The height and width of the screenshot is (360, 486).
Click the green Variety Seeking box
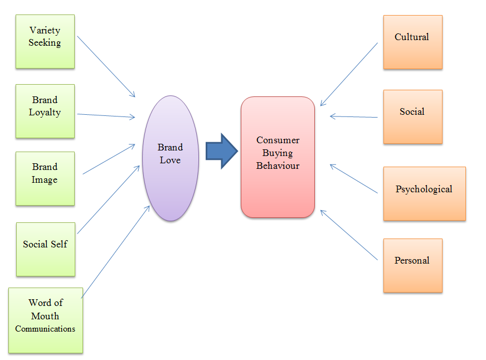tap(45, 41)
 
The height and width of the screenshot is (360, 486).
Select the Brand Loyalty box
tap(45, 111)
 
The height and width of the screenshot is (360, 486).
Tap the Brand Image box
tap(45, 178)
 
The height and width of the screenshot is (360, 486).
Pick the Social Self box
tap(45, 249)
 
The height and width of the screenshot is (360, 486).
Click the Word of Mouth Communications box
tap(46, 320)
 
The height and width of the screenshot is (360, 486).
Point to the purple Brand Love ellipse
tap(171, 158)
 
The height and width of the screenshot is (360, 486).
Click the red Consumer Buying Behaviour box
tap(278, 157)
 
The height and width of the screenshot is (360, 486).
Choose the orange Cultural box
tap(412, 42)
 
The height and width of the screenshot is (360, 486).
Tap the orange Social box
tap(412, 116)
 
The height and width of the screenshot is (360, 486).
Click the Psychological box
tap(424, 193)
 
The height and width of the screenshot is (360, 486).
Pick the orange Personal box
tap(412, 265)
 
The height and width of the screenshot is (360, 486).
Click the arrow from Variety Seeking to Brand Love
tap(106, 66)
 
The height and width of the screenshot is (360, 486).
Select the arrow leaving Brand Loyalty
tap(106, 115)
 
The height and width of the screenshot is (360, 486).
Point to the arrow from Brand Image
tap(109, 159)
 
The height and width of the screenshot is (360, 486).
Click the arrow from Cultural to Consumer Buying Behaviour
tap(349, 74)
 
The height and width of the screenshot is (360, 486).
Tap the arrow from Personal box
tap(349, 235)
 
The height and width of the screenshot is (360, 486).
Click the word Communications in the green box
tap(45, 329)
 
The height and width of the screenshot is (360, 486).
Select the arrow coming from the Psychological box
tap(354, 179)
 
